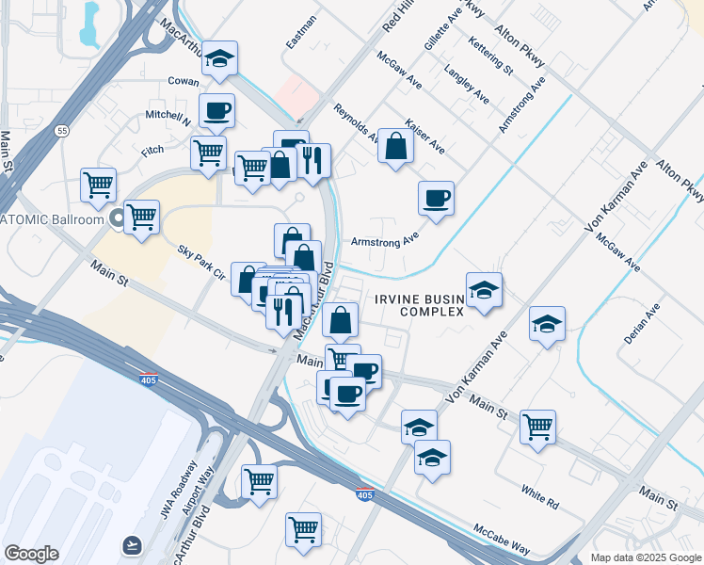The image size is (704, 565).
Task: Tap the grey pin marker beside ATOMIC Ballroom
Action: [x=118, y=220]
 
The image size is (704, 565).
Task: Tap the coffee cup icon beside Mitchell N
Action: [x=216, y=111]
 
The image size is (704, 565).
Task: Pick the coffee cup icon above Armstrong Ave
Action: [x=436, y=199]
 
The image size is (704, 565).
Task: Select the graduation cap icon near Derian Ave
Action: [x=547, y=325]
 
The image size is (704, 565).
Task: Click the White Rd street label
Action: [x=539, y=496]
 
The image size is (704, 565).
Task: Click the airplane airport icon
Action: [x=131, y=545]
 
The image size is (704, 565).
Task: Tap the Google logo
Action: [x=31, y=554]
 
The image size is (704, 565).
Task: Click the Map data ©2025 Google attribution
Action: [x=646, y=557]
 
